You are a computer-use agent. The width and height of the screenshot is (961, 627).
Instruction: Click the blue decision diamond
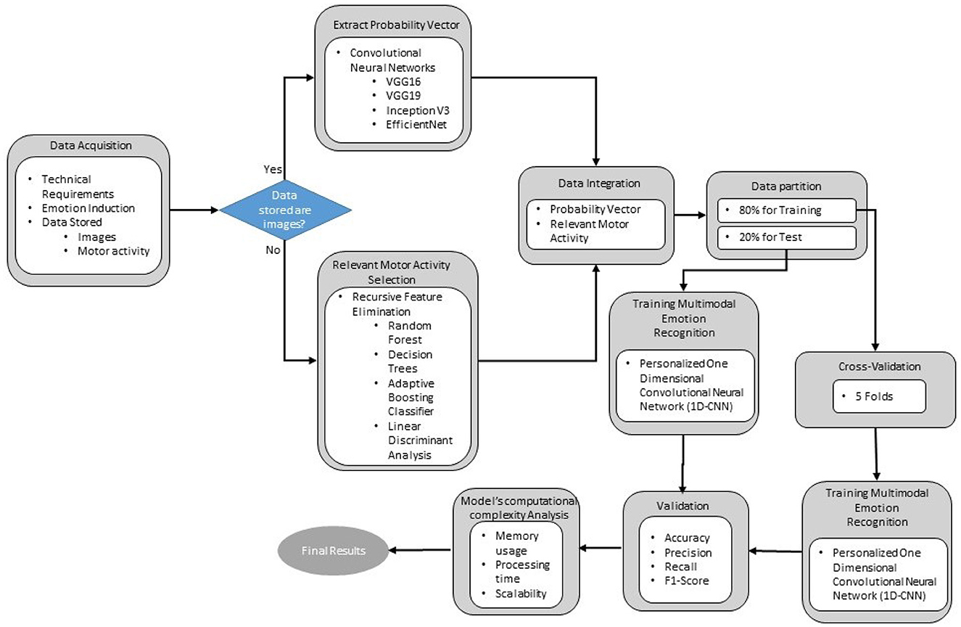coord(285,210)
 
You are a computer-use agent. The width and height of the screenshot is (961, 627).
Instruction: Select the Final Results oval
coord(334,551)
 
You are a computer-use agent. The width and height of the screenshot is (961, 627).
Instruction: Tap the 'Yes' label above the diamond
coord(272,168)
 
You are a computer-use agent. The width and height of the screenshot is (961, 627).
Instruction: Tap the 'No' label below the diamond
coord(272,251)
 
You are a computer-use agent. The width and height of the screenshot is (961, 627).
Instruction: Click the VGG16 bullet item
coord(403,81)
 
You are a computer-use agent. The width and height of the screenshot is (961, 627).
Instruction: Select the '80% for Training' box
coord(786,210)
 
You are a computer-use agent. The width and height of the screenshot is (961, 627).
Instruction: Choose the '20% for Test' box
coord(786,237)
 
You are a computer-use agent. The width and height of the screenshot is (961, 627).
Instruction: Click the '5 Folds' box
coord(879,396)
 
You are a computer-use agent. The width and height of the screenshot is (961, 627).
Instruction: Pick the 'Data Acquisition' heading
coord(91,145)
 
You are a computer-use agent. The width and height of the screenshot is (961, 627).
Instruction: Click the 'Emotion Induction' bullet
coord(88,208)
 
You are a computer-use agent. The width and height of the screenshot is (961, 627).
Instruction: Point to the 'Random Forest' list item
coord(405,332)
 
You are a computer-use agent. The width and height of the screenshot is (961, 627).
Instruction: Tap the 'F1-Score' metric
coord(686,581)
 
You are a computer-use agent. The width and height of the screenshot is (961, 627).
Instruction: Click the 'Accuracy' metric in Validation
coord(687,538)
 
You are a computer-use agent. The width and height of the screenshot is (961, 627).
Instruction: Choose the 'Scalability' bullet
coord(520,594)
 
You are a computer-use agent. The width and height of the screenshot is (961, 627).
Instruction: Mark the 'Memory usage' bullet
coord(516,543)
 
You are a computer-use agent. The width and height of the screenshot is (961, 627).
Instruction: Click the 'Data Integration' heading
coord(599,183)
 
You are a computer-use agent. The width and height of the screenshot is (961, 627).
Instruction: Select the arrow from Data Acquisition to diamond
coord(194,210)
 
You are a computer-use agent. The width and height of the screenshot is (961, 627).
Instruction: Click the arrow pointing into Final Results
coord(419,550)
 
